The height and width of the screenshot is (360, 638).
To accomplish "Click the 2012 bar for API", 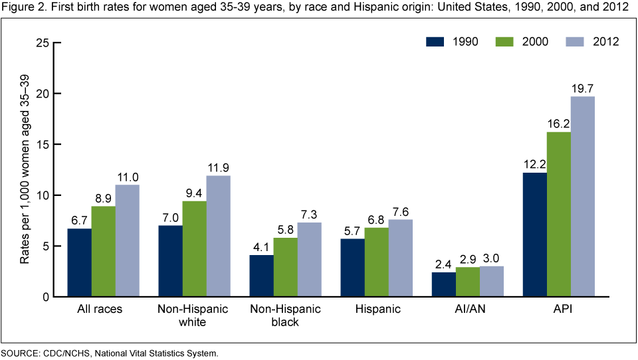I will point(583,197).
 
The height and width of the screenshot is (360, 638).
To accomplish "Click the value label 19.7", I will point(583,88).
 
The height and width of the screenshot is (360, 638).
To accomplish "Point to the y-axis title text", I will point(25,170).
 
